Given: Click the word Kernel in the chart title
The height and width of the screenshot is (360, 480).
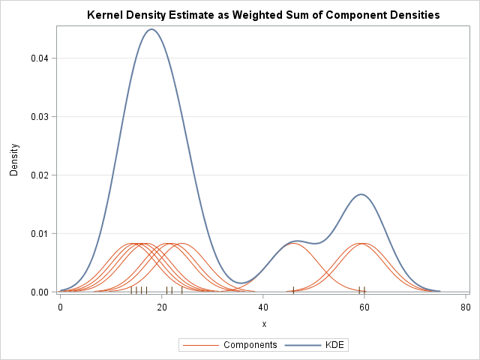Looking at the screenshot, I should (x=106, y=15).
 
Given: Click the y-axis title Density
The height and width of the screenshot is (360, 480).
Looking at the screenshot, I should (x=13, y=160).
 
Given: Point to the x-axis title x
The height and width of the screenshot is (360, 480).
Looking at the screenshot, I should (x=264, y=323).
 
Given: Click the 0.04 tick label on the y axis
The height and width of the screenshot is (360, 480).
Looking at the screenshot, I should (x=40, y=58).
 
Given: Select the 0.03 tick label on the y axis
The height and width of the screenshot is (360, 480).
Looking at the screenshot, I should (x=40, y=117).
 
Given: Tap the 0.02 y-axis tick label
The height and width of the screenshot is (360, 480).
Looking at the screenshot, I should (x=40, y=175).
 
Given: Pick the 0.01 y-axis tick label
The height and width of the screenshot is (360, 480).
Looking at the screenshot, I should (x=40, y=234).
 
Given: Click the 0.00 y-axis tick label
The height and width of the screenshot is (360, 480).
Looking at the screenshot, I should (x=40, y=292).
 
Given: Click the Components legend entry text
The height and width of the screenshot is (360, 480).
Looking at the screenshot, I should (x=250, y=345).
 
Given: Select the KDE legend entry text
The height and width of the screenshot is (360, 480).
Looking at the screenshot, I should (x=337, y=345).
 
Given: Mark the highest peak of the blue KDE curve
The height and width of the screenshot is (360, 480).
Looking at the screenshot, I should (x=151, y=29).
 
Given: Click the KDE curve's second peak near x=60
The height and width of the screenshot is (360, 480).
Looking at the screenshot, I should (x=361, y=194).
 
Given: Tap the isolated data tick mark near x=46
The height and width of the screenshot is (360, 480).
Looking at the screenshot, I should (x=293, y=289).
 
